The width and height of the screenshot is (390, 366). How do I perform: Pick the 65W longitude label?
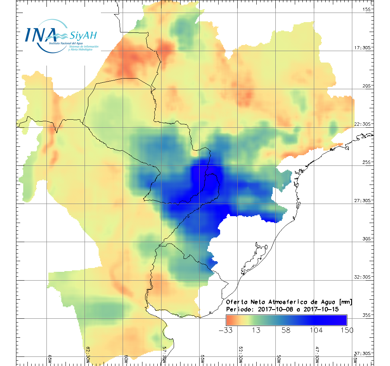[x=50, y=359]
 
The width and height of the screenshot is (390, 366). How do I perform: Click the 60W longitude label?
[x=126, y=359]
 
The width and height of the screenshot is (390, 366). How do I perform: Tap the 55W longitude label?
[x=203, y=359]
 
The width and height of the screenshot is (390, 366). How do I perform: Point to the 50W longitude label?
[x=279, y=359]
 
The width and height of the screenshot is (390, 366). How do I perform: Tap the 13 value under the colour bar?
[x=256, y=330]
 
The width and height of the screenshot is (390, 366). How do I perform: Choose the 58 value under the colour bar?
[x=286, y=330]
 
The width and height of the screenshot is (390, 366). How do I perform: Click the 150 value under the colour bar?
[x=346, y=330]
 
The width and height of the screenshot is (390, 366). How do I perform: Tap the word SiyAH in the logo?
[x=83, y=36]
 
